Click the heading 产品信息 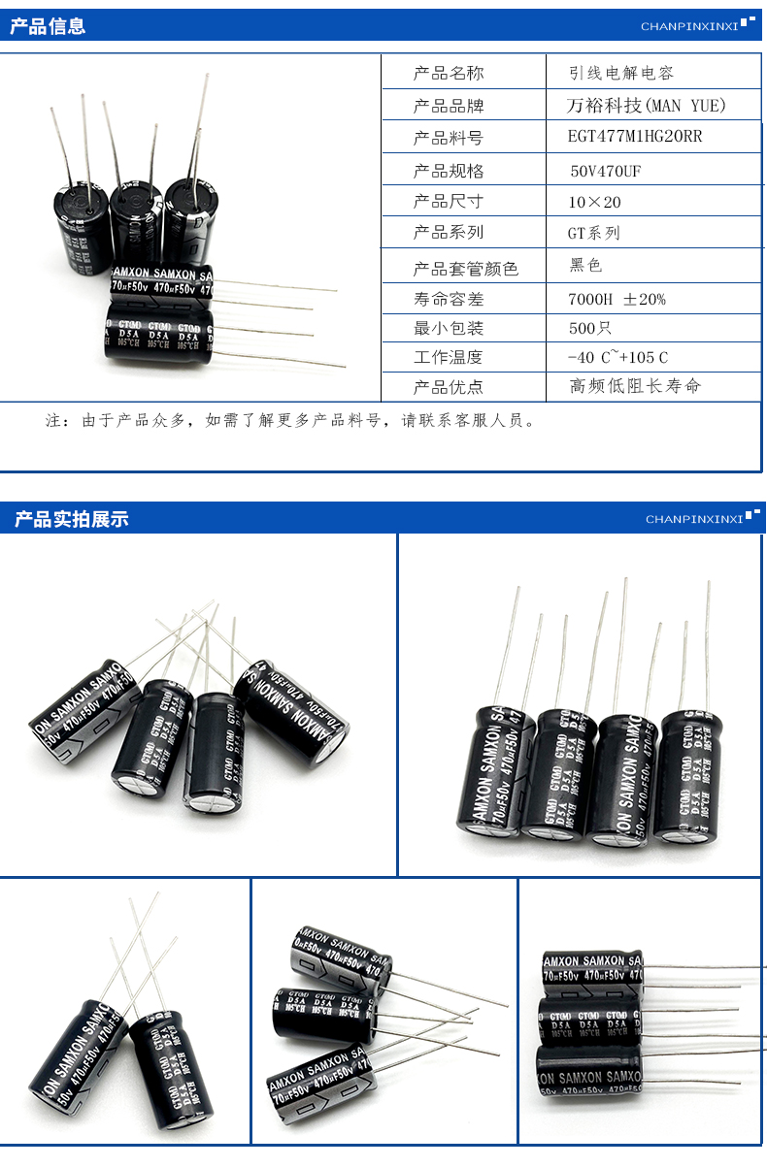(48, 26)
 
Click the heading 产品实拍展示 (71, 519)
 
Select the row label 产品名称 (448, 73)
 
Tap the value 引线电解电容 (620, 73)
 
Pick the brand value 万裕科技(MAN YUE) (646, 105)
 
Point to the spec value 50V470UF (606, 171)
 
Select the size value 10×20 (594, 202)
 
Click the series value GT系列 (593, 233)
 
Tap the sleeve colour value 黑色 (586, 265)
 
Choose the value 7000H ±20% (617, 299)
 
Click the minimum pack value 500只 (590, 328)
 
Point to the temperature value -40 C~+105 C (617, 357)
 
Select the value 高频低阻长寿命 (634, 386)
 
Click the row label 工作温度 (448, 357)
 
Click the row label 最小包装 (448, 328)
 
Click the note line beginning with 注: (290, 421)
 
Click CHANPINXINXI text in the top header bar (689, 26)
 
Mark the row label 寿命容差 (448, 299)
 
